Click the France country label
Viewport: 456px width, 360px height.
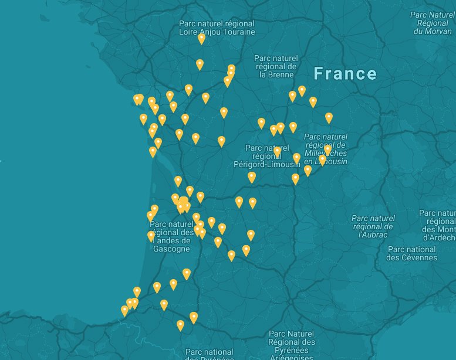coord(345,74)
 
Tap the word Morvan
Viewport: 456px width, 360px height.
coord(433,31)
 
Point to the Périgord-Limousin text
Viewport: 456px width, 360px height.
coord(266,164)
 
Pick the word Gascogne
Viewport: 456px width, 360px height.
coord(171,249)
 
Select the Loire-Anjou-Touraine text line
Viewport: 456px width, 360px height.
coord(217,32)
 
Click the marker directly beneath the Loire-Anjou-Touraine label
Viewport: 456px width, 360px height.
coord(201,39)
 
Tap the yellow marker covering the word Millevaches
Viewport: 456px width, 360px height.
coord(327,150)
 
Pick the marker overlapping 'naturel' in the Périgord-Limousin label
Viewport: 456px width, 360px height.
coord(277,151)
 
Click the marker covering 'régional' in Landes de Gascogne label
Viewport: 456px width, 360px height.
coord(151,236)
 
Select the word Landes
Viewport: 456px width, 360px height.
coord(163,240)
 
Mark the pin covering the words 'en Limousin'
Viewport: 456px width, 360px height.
coord(322,160)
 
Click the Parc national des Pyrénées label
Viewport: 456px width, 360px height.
coord(210,353)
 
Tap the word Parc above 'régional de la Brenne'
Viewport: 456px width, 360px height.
coord(262,59)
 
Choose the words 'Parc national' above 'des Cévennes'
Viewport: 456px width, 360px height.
coord(412,249)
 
